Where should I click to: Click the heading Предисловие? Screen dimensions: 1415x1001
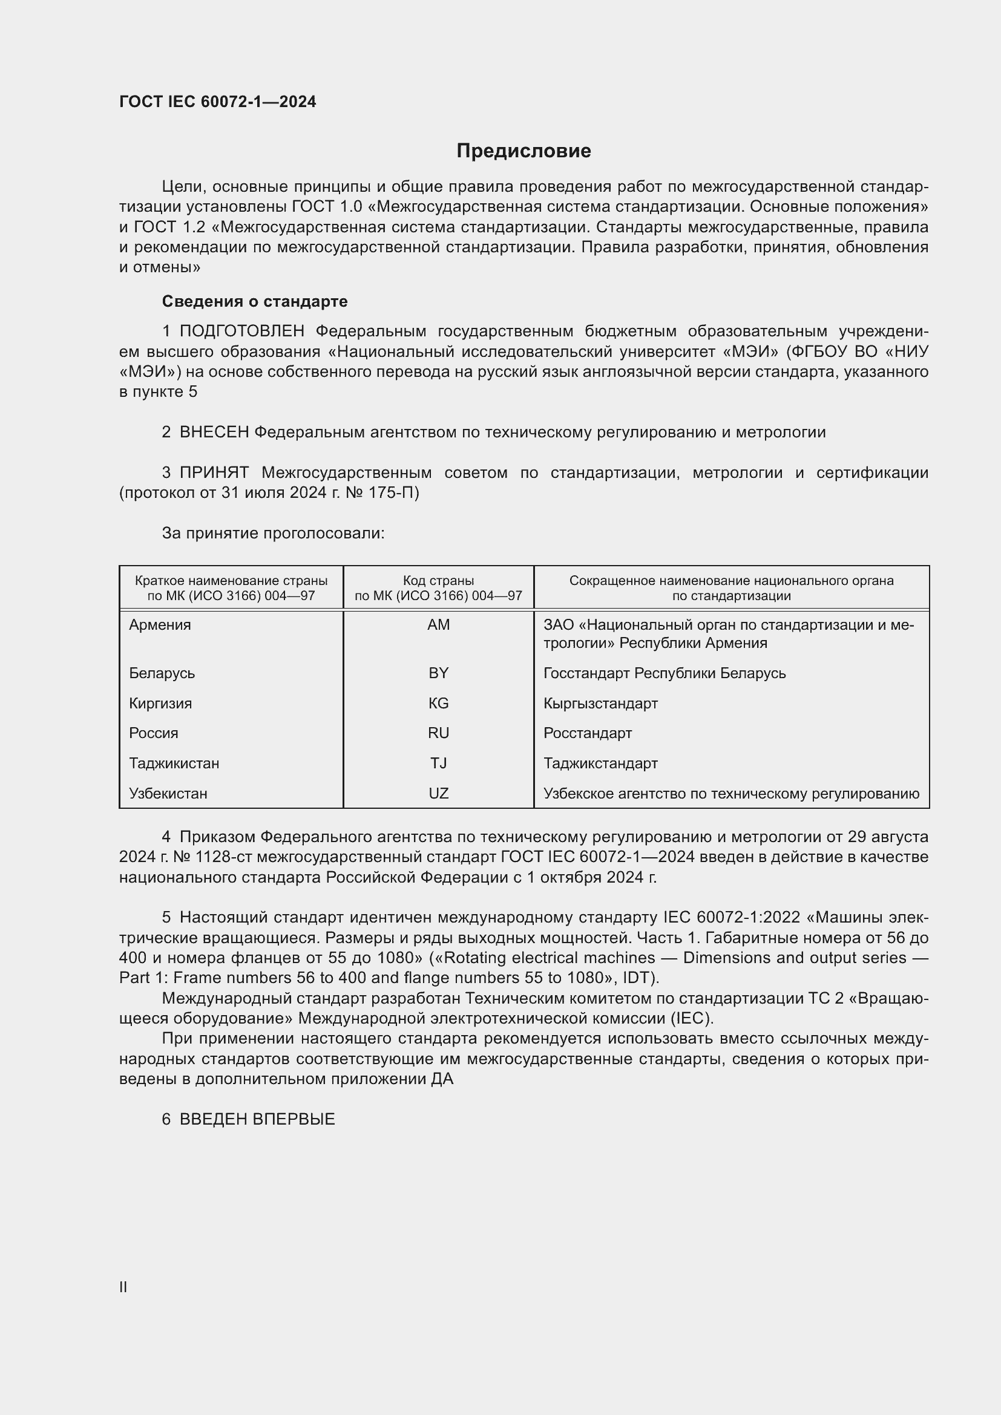coord(523,151)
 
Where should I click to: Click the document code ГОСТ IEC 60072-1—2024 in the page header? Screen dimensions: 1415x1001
coord(218,102)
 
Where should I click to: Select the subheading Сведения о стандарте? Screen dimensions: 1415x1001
coord(255,301)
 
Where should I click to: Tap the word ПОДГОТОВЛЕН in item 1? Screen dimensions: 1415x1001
coord(241,332)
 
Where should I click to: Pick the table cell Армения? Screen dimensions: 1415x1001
coord(160,625)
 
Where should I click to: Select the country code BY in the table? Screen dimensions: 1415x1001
coord(438,673)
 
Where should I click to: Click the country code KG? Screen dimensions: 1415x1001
coord(438,703)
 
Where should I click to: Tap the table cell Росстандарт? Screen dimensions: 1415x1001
coord(588,733)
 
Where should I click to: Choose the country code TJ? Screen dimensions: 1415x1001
coord(438,763)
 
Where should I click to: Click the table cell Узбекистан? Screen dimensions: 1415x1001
coord(168,794)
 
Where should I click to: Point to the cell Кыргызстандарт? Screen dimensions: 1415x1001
coord(600,703)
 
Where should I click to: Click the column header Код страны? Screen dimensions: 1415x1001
coord(438,581)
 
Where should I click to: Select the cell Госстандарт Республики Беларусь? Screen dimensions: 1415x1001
coord(665,673)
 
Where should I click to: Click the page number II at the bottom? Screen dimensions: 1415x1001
coord(123,1287)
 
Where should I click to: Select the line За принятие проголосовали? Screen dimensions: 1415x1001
coord(273,533)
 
